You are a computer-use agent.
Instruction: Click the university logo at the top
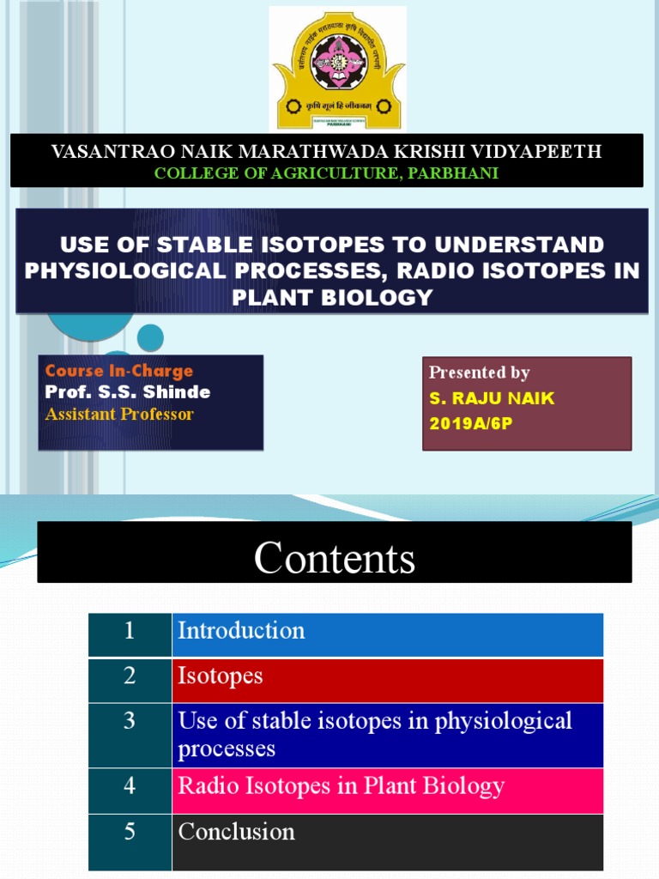[338, 68]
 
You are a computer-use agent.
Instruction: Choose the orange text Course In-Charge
[119, 371]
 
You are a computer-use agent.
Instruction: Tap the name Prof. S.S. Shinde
[128, 392]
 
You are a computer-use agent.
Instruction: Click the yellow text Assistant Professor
[119, 415]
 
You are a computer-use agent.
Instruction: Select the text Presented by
[479, 373]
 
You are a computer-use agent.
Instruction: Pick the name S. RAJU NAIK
[492, 398]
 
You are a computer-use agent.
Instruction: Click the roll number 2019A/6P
[470, 424]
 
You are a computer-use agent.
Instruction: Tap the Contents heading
[335, 559]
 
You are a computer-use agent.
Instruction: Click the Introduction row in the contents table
[241, 631]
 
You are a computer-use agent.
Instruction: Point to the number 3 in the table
[130, 720]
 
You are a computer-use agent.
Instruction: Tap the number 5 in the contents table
[130, 832]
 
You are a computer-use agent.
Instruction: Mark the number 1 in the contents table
[130, 631]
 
